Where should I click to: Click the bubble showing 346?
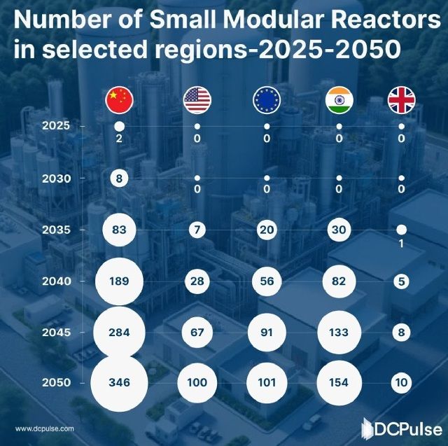point(120,383)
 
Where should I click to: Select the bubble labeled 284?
point(120,332)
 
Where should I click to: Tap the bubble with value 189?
point(120,281)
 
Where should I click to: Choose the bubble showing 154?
point(339,383)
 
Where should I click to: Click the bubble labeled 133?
point(339,332)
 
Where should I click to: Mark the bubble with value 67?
point(197,332)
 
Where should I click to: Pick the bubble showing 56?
point(267,281)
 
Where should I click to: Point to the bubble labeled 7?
point(197,230)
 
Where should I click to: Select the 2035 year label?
point(56,230)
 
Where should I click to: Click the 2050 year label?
point(56,383)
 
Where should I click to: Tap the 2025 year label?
point(56,126)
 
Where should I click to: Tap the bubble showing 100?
point(197,383)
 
